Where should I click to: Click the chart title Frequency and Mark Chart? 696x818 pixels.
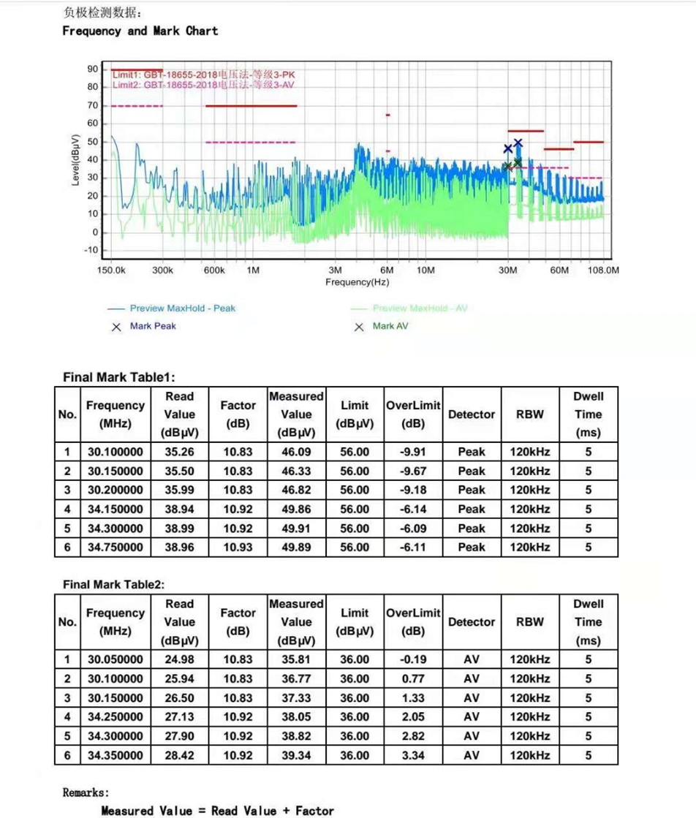coord(140,31)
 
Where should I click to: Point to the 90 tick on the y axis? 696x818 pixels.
coord(92,69)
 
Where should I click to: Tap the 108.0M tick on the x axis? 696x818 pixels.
coord(604,270)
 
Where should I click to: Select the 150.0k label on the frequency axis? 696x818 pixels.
coord(111,270)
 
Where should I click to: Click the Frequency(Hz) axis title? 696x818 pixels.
coord(357,281)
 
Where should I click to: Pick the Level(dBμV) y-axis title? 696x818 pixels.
coord(76,159)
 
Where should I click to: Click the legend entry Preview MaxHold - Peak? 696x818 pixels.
coord(182,308)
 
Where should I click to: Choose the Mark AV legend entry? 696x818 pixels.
coord(390,326)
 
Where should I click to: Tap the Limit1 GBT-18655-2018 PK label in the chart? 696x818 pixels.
coord(204,75)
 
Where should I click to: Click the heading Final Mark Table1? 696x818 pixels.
coord(119,377)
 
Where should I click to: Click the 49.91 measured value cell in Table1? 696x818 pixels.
coord(296,529)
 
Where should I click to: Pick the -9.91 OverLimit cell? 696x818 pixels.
coord(412,452)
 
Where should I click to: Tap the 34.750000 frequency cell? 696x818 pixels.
coord(116,548)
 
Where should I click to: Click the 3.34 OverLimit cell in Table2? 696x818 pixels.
coord(412,755)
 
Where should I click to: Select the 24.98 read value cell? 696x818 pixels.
coord(179,660)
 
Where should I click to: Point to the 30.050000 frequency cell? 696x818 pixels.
coord(116,660)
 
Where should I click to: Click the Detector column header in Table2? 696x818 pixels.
coord(472,622)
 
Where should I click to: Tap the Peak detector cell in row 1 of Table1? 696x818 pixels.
coord(472,452)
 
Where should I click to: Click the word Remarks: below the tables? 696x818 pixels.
coord(86,792)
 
